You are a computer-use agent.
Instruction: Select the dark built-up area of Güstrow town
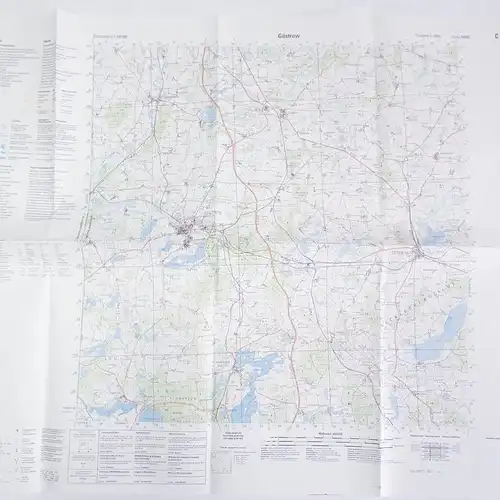click(186, 236)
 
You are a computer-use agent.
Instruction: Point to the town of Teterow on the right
click(419, 247)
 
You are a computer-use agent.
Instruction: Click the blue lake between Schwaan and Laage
click(209, 117)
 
